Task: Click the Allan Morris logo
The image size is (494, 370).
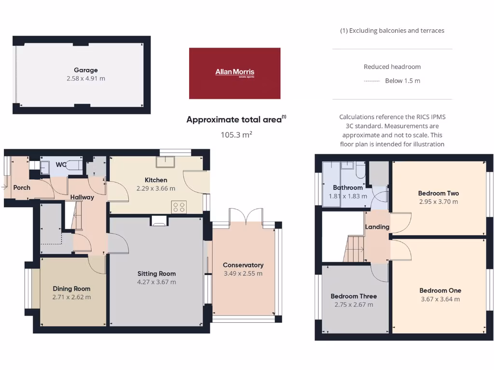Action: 234,73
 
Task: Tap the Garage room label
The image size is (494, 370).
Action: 86,70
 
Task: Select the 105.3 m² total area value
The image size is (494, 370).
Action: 236,135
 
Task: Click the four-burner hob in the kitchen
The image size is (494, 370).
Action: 178,207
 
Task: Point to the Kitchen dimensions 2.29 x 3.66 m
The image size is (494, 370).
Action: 155,188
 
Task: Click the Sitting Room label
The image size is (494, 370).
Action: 157,274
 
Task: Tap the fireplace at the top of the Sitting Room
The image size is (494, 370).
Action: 158,221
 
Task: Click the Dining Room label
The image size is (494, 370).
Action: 71,289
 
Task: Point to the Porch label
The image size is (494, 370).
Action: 22,187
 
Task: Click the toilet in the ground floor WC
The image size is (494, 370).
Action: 73,165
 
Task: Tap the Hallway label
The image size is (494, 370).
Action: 82,197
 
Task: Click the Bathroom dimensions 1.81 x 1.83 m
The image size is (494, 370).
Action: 347,196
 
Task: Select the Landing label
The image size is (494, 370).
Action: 377,227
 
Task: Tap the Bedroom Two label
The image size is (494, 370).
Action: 438,193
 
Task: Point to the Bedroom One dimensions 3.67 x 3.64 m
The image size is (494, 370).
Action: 440,299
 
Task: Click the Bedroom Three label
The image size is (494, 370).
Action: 354,296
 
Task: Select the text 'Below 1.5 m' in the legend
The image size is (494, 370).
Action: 402,81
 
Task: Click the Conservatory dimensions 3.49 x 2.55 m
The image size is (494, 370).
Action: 243,274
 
